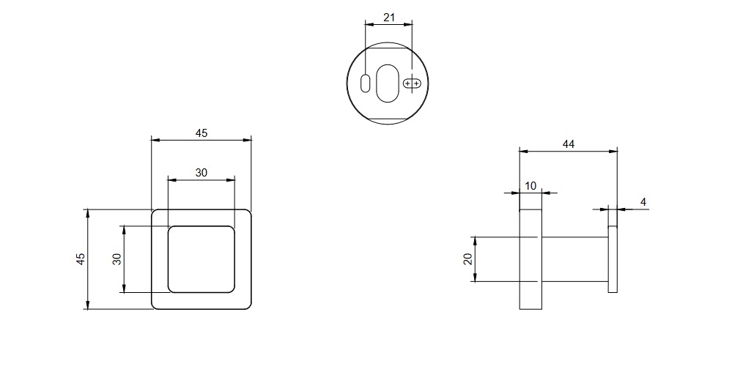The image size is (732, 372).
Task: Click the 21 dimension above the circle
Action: tap(388, 16)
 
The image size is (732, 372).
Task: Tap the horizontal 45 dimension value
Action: tap(202, 133)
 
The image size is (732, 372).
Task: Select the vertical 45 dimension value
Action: tap(81, 259)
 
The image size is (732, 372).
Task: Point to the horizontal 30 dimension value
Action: tap(202, 173)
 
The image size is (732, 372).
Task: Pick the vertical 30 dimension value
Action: tap(117, 259)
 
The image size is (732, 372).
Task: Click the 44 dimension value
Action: tap(569, 144)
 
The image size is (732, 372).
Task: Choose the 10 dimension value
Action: tap(531, 186)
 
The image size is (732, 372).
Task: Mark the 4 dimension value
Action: tap(643, 201)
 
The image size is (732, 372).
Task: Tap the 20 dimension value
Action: tap(467, 259)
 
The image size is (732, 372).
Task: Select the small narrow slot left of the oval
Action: tap(365, 83)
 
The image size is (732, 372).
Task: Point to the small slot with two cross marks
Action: tap(413, 83)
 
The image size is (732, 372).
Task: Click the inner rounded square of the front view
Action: tap(202, 259)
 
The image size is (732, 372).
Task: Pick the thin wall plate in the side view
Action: tap(613, 259)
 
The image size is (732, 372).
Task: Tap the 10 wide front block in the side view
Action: tap(530, 259)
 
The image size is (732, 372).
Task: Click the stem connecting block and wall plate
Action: tap(574, 259)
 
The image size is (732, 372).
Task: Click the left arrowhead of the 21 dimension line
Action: tap(369, 23)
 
